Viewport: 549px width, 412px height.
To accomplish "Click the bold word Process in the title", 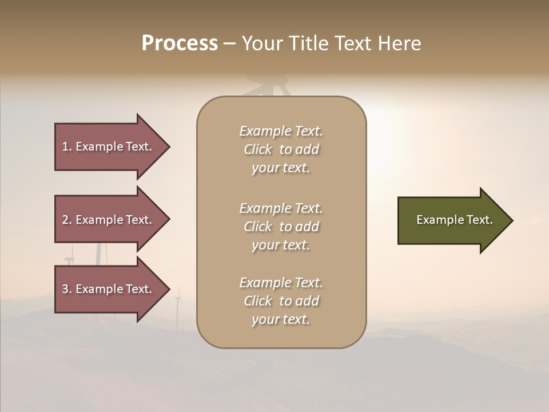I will [x=180, y=43].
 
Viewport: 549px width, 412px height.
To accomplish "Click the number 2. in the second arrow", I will [x=66, y=220].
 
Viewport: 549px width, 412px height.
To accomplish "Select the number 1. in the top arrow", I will [x=66, y=146].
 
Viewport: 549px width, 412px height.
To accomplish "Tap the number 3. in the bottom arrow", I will [x=66, y=289].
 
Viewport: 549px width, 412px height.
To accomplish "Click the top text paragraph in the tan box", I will [x=281, y=149].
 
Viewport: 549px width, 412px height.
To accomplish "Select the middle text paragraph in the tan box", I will [x=281, y=227].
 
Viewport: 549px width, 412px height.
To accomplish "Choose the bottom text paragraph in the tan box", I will [x=281, y=301].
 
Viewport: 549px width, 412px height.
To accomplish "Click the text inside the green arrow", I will [x=454, y=220].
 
